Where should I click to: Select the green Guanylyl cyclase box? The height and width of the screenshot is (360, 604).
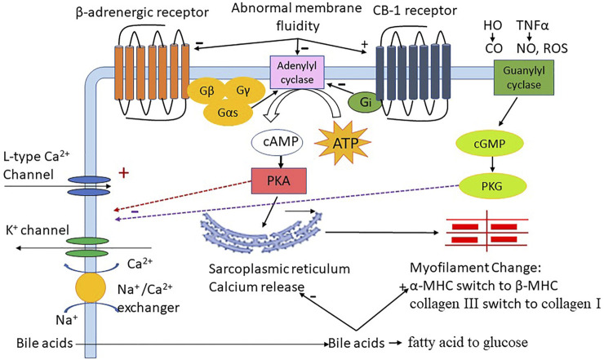[518, 82]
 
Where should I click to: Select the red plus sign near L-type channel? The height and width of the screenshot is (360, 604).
[125, 174]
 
